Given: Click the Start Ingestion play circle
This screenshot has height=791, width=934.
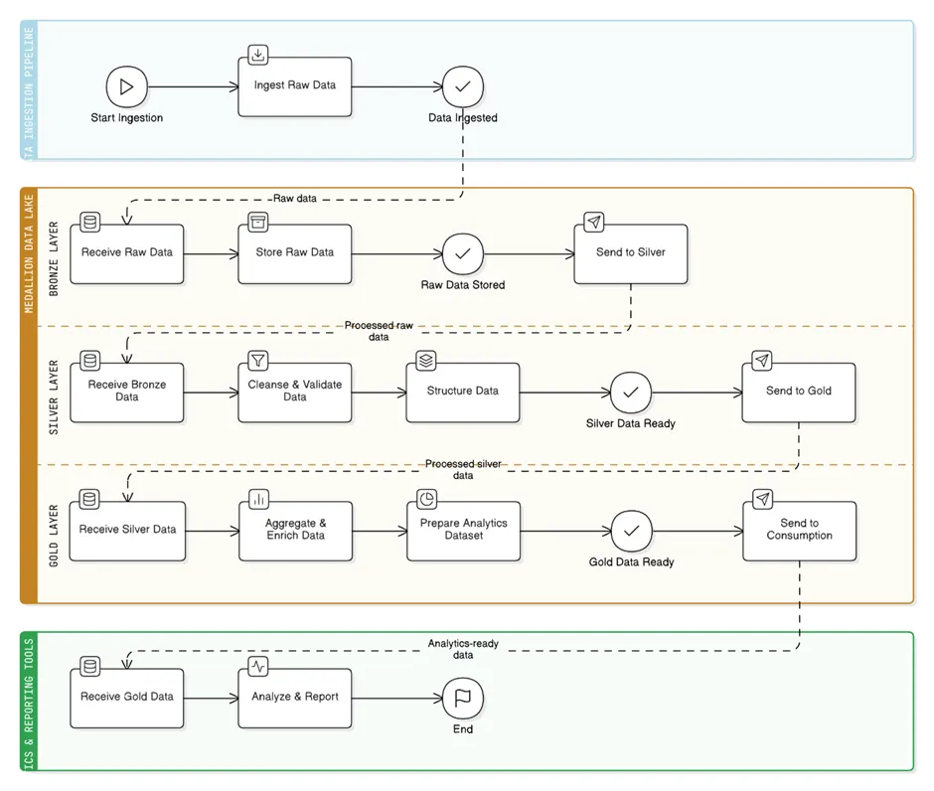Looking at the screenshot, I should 126,86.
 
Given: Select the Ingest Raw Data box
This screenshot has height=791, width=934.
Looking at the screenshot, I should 295,86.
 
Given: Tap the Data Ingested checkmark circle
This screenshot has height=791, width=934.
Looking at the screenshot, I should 462,86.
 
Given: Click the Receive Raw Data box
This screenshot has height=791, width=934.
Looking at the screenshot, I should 127,253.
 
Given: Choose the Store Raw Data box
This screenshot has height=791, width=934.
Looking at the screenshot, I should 295,253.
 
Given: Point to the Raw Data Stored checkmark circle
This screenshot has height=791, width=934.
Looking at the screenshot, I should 462,253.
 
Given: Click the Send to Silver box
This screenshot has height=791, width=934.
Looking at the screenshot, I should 630,253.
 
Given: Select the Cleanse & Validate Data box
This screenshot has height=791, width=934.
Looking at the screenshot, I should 295,392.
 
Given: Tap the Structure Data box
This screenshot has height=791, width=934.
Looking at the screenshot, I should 463,392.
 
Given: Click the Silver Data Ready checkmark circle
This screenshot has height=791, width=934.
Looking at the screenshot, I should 630,393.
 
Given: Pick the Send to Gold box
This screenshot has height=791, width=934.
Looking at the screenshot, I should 798,392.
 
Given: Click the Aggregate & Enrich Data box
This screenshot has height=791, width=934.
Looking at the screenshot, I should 295,531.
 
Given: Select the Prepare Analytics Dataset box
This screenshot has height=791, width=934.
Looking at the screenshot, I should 463,531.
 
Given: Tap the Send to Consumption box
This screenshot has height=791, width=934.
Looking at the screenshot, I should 799,531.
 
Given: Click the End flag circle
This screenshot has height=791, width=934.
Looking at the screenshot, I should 462,698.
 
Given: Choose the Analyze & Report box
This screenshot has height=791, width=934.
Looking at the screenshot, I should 295,698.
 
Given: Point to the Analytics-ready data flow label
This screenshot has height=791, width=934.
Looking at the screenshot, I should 463,649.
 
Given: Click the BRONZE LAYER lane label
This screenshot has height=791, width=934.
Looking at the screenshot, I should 54,257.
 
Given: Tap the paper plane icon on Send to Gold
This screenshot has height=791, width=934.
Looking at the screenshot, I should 761,360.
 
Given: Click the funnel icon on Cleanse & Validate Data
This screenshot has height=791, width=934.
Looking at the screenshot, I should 258,360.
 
